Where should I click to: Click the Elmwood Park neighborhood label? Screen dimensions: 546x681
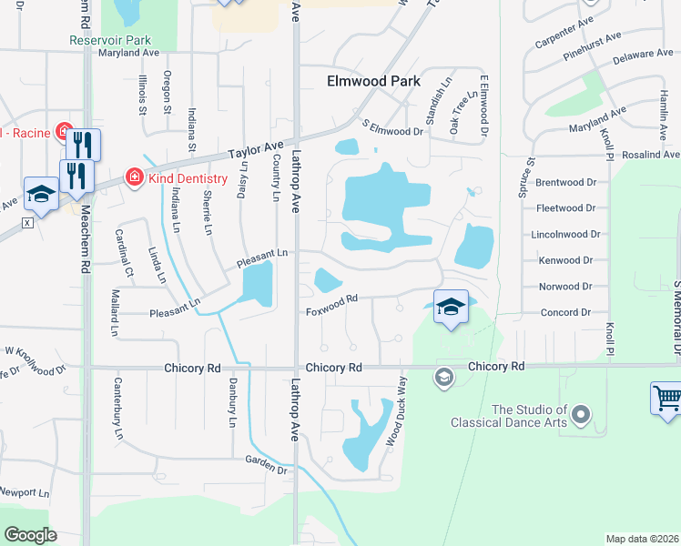(x=373, y=81)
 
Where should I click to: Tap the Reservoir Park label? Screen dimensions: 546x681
(x=110, y=40)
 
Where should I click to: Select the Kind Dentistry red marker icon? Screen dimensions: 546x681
(x=134, y=176)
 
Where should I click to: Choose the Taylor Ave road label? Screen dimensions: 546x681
(x=256, y=148)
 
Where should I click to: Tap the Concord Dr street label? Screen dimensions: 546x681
(x=565, y=312)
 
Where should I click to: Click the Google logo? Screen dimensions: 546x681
(x=30, y=535)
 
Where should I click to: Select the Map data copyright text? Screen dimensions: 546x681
(x=643, y=539)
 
